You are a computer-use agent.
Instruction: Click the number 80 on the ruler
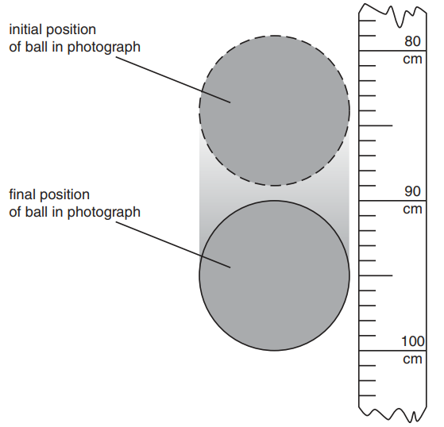click(412, 41)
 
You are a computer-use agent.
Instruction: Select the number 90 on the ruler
click(412, 191)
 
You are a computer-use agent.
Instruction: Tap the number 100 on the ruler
click(413, 341)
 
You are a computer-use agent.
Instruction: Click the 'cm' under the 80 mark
click(412, 60)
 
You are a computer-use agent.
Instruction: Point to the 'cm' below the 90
click(412, 210)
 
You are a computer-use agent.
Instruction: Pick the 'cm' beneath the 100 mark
click(412, 360)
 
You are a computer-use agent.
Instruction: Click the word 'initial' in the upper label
click(25, 29)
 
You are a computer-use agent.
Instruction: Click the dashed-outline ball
click(274, 110)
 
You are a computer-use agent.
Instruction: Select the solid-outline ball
click(274, 275)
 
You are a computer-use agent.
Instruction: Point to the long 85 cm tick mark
click(376, 125)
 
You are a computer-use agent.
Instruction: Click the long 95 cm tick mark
click(376, 275)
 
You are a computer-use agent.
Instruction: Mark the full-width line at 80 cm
click(392, 51)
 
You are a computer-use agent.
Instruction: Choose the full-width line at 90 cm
click(392, 201)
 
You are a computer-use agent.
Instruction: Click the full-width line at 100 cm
click(392, 351)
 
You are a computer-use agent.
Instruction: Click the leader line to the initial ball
click(173, 80)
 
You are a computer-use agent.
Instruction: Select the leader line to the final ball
click(173, 244)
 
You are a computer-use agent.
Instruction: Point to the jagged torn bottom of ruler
click(392, 414)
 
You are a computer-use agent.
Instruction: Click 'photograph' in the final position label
click(104, 213)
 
